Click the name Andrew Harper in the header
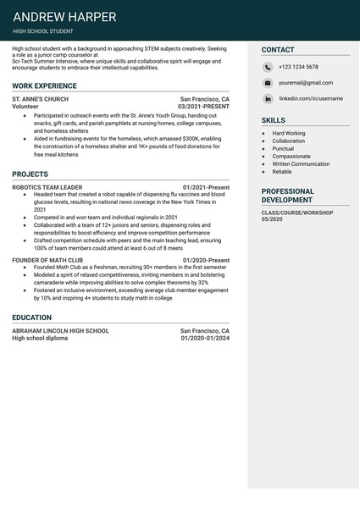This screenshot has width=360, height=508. point(65,17)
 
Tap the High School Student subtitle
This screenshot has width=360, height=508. point(43,31)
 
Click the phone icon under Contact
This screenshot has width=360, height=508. point(268,67)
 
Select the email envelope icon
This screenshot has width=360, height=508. point(268,83)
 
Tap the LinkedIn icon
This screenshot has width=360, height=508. point(268,98)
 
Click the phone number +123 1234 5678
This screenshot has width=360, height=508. point(298,67)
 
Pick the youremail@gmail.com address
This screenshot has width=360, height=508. point(306,83)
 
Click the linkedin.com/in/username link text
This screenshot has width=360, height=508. point(311,98)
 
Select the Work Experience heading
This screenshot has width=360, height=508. point(44,86)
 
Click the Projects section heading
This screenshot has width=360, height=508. point(30,174)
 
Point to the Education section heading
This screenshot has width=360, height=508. point(32,317)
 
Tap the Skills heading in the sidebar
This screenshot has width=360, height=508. point(273,120)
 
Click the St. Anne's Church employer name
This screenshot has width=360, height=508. point(41,99)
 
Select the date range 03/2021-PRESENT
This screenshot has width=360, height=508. point(203,107)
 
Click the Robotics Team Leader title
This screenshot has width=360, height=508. point(47,187)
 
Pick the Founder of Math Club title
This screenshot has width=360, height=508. point(47,261)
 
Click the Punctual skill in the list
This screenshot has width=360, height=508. point(284,148)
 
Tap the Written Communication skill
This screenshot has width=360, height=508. point(301,163)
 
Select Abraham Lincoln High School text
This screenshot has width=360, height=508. point(60,330)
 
